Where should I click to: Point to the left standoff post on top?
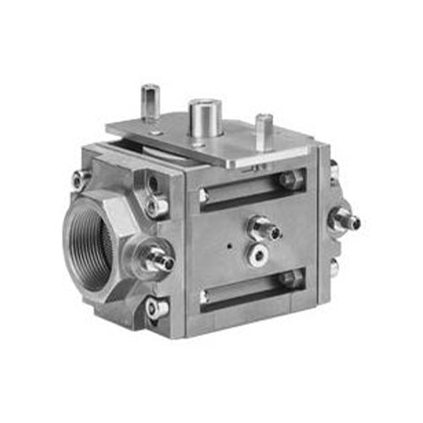[x=151, y=103]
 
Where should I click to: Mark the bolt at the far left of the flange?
[x=80, y=179]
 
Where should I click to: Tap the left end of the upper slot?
[x=204, y=196]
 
